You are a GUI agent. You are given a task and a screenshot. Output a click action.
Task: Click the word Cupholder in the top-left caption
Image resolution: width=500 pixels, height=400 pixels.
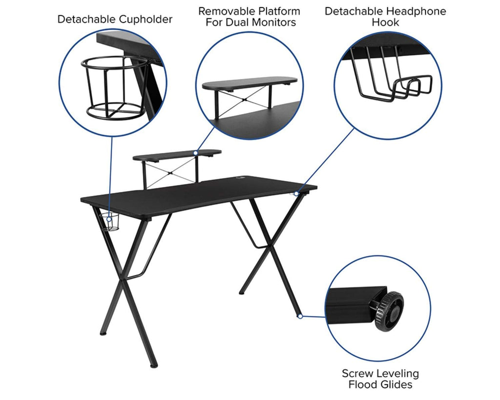[144, 20]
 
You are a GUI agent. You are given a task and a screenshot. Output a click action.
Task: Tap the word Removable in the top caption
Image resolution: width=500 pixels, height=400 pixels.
[226, 11]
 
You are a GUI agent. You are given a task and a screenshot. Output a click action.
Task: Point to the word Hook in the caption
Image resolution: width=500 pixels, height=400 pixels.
[385, 22]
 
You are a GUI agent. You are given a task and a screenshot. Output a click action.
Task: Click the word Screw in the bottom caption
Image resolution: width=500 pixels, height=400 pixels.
[357, 373]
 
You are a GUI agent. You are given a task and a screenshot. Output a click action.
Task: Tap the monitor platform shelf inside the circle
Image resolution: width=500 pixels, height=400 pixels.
[250, 83]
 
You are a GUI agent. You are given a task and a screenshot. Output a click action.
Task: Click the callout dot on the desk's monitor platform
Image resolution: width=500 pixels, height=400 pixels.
[196, 153]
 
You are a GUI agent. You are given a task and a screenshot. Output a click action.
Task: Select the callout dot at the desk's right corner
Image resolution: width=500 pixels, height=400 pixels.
[296, 193]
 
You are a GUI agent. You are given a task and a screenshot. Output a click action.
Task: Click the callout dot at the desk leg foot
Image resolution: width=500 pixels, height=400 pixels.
[300, 316]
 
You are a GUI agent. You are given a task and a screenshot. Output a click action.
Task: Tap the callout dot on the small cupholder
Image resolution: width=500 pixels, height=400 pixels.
[109, 219]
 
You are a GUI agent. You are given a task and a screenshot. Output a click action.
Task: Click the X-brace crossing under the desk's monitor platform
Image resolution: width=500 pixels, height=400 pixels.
[171, 173]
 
